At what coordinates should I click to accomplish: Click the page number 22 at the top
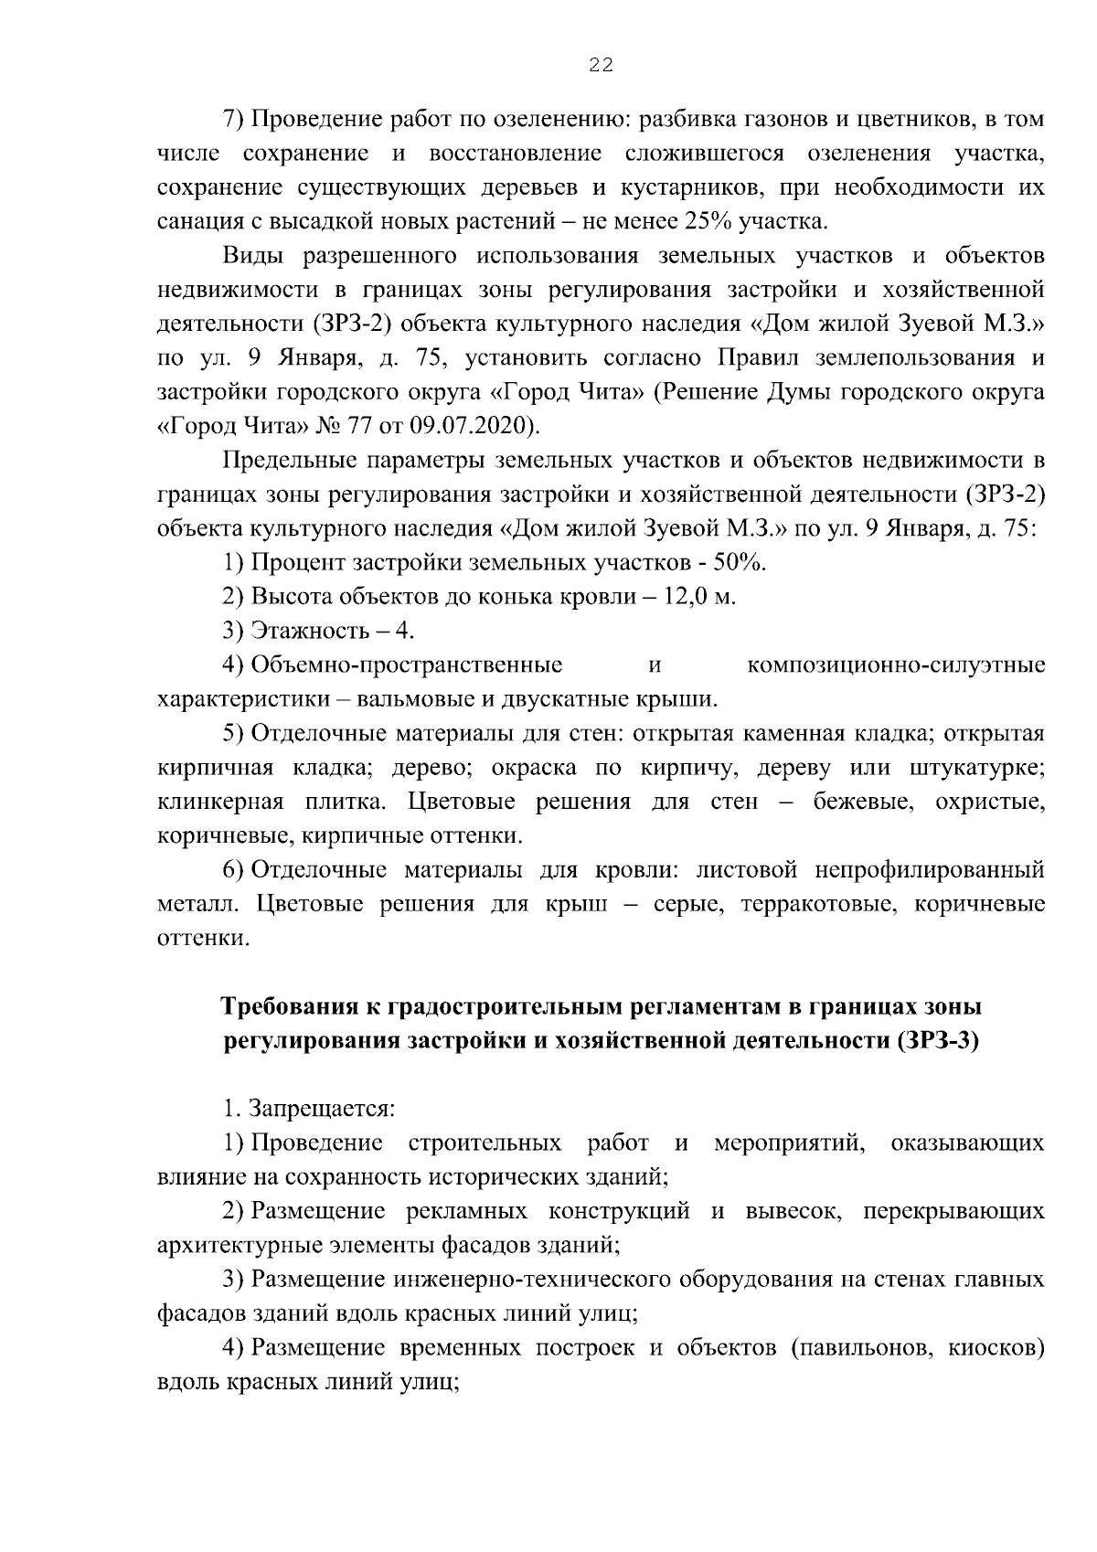tap(601, 65)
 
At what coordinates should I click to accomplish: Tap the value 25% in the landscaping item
tap(704, 221)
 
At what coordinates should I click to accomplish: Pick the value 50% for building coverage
tap(741, 563)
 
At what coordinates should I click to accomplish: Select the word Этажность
tap(307, 632)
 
